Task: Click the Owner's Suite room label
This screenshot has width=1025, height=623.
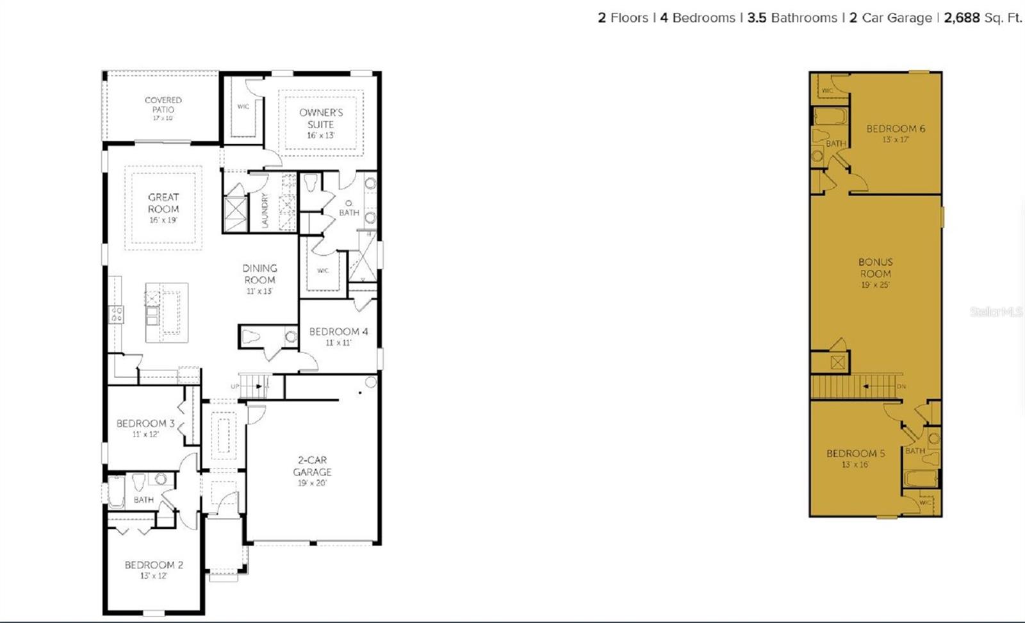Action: [321, 119]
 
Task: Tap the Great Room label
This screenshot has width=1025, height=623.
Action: [163, 203]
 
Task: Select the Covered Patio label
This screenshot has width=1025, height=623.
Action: [163, 104]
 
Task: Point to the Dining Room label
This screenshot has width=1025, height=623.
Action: [259, 274]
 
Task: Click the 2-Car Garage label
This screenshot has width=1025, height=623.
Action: [313, 466]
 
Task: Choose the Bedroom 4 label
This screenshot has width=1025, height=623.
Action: [338, 331]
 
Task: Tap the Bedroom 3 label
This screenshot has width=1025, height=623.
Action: [145, 424]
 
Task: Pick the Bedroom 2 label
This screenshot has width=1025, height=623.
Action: [154, 565]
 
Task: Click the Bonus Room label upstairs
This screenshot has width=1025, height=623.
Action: [876, 267]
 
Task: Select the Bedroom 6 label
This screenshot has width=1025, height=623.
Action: [896, 129]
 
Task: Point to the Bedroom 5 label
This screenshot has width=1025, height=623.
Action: [855, 453]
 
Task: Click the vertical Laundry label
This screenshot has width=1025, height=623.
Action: [265, 210]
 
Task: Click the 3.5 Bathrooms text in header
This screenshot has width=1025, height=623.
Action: [792, 18]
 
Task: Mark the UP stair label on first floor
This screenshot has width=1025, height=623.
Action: [235, 386]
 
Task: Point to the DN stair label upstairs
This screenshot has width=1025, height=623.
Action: [901, 386]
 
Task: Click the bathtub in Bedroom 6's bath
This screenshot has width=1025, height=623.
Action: [830, 117]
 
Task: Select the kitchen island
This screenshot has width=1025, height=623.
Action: [167, 312]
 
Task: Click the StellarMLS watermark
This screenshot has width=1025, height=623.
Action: [996, 312]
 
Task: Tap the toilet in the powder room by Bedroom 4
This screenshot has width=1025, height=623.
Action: [251, 336]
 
